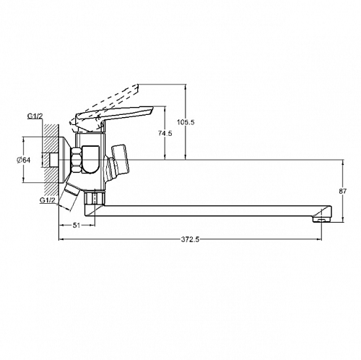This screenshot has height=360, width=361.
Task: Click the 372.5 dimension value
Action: click(190, 239)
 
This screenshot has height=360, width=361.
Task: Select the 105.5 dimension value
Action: click(186, 122)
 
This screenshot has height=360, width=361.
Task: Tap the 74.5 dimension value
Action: click(165, 133)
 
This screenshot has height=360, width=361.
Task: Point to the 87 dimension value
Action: click(343, 192)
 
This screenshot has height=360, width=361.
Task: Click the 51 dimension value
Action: click(77, 226)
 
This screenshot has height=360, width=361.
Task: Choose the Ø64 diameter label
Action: click(24, 160)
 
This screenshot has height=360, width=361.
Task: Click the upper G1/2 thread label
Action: click(35, 116)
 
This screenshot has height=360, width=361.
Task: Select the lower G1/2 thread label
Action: click(48, 200)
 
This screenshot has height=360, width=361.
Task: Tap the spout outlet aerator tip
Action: click(322, 220)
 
